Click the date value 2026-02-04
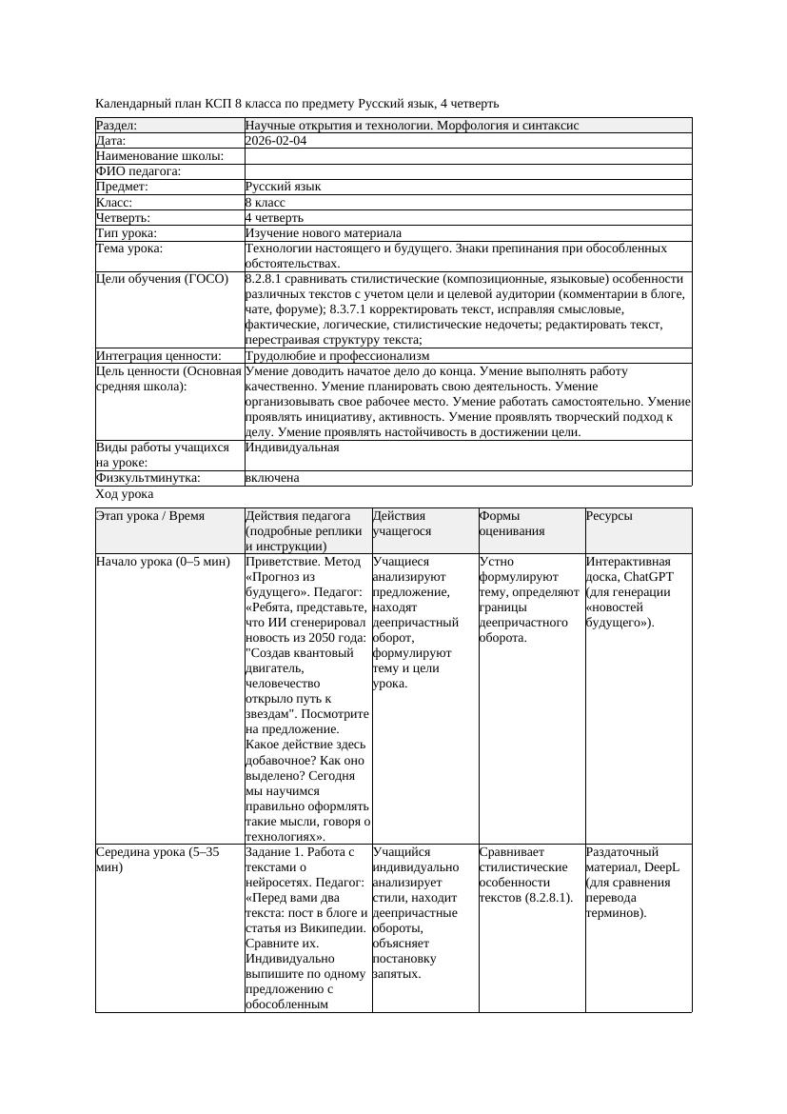click(276, 141)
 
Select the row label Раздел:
click(117, 126)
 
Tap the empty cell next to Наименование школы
click(467, 156)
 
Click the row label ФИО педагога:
click(139, 171)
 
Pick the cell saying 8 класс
click(266, 203)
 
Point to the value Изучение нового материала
click(324, 233)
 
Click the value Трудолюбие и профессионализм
click(337, 356)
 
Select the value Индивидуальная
click(292, 447)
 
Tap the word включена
click(272, 478)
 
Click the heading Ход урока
click(125, 494)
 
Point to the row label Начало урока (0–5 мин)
click(163, 562)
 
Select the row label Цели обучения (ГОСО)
click(163, 279)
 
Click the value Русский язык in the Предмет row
click(283, 188)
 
